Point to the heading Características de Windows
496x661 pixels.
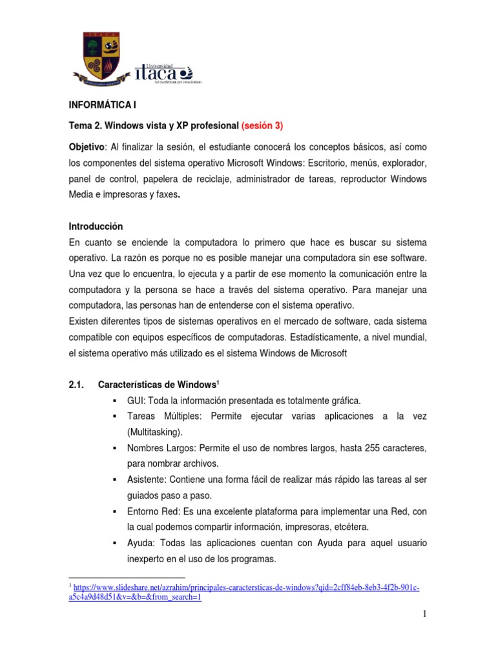pyautogui.click(x=159, y=384)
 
